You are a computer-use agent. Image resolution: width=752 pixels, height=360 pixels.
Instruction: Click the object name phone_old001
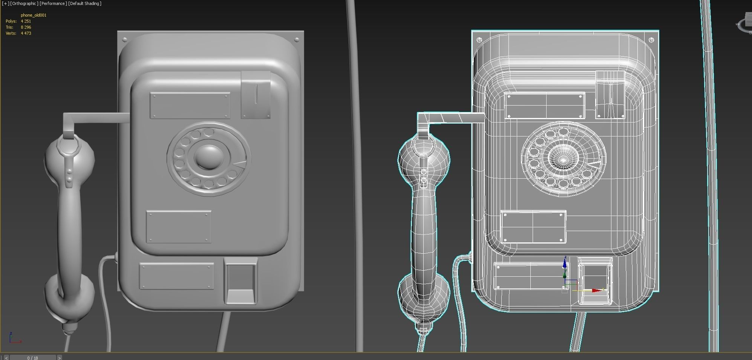[34, 15]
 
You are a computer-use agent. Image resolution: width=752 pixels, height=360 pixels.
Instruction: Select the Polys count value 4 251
[26, 21]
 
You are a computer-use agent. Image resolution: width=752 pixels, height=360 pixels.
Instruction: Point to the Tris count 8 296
[26, 27]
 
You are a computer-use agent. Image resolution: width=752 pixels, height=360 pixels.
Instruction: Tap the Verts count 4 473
[26, 33]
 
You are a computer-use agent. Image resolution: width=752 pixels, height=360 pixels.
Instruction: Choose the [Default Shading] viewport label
[85, 3]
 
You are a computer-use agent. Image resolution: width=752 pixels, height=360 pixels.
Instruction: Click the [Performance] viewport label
[53, 3]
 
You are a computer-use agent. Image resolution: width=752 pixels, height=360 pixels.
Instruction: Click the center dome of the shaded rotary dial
[208, 157]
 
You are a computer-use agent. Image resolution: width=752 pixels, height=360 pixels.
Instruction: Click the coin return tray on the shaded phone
[240, 281]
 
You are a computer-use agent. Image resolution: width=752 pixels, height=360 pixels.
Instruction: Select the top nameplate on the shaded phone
[190, 106]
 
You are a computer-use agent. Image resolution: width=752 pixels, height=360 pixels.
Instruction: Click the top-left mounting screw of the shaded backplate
[125, 39]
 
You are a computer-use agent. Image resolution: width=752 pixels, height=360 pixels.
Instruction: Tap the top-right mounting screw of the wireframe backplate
[651, 39]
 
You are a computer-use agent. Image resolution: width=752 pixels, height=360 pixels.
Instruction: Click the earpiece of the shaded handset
[70, 155]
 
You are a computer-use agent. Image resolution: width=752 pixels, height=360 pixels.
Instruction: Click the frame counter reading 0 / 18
[33, 357]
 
